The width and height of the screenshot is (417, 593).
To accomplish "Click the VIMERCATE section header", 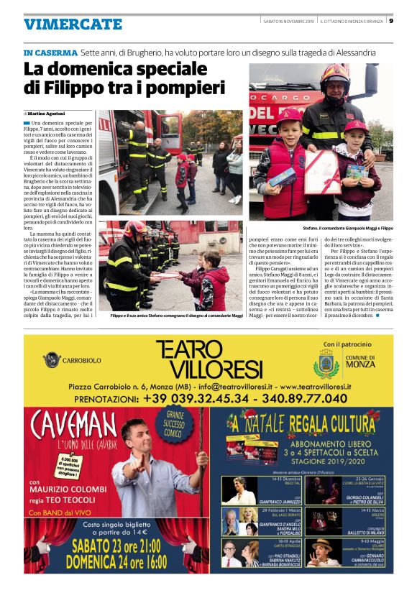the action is click(x=73, y=24).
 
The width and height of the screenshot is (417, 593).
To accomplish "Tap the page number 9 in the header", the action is click(x=391, y=20).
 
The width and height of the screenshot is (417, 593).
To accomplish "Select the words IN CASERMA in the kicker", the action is click(x=50, y=53).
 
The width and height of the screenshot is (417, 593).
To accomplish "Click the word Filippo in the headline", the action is click(x=74, y=88).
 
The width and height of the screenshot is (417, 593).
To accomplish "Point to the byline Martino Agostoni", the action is click(x=48, y=114).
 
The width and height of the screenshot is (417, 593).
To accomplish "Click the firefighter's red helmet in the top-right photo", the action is click(x=335, y=74).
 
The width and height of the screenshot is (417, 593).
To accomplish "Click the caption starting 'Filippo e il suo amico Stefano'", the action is click(x=167, y=316).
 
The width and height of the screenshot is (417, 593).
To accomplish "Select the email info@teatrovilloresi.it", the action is click(x=238, y=386).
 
